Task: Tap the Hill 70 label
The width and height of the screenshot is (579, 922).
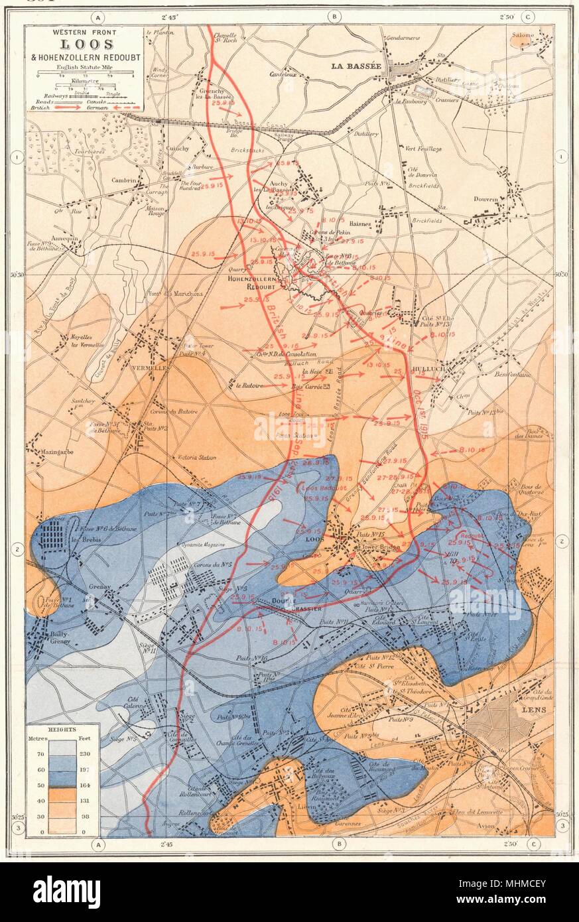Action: [x=456, y=557]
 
